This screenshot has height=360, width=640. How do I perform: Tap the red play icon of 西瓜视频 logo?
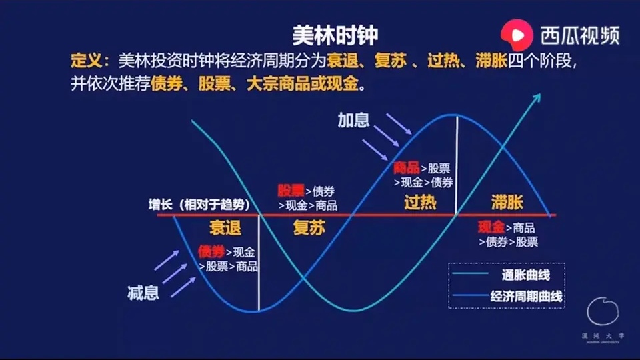(x=517, y=33)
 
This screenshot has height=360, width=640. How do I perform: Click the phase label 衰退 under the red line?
(x=225, y=228)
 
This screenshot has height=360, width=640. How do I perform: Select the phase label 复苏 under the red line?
(x=309, y=228)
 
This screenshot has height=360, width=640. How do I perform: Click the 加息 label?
(x=353, y=120)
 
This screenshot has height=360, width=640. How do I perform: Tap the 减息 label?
(x=143, y=292)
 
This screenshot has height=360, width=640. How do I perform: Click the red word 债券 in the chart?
(x=211, y=251)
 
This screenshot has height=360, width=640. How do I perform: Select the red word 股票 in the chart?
(x=291, y=191)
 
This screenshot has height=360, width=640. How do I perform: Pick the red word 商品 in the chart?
(x=407, y=167)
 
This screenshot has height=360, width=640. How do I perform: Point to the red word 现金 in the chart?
(x=491, y=227)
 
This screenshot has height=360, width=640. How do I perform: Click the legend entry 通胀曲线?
(x=526, y=274)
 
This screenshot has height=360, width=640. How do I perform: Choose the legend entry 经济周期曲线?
(x=526, y=297)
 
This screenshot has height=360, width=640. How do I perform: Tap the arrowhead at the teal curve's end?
(x=537, y=98)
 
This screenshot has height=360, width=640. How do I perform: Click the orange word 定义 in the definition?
(x=86, y=61)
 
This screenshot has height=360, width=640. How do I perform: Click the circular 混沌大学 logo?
(x=602, y=312)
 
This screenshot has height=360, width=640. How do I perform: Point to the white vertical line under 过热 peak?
(x=457, y=163)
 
